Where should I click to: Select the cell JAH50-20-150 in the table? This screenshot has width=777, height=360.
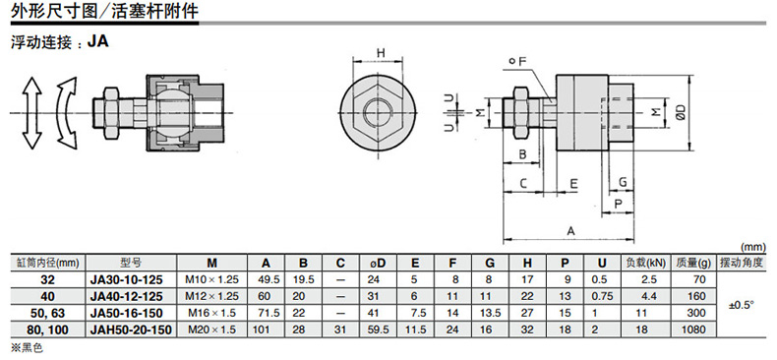(132, 330)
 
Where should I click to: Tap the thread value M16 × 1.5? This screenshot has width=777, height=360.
(211, 314)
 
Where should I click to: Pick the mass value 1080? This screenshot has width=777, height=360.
(693, 330)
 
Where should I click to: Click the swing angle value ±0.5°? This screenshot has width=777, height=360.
(741, 305)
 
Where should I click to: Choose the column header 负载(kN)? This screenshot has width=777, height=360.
(646, 264)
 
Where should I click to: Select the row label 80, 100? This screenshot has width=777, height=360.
(48, 330)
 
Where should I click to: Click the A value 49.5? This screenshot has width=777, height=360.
(266, 279)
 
